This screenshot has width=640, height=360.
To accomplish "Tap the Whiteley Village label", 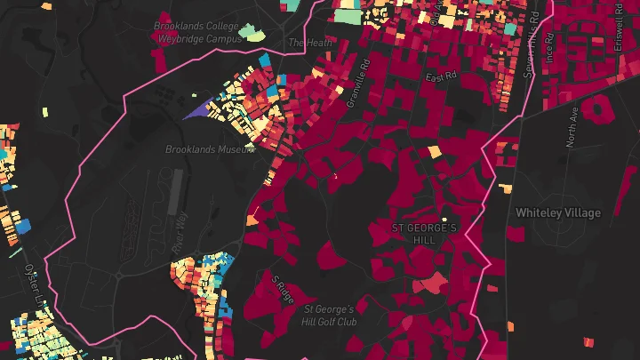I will click(x=558, y=213).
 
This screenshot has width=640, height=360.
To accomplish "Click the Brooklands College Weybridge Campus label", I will click(x=197, y=33).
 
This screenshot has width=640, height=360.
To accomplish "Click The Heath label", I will click(x=308, y=42).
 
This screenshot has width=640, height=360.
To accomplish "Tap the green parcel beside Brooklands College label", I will click(x=255, y=36).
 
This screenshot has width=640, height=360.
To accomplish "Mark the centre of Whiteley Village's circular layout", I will click(x=561, y=230).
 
